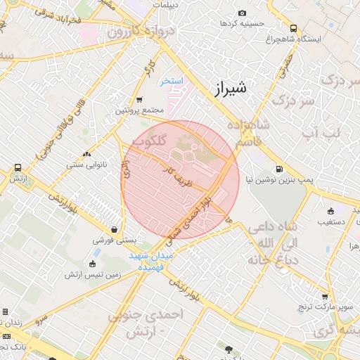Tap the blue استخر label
(x=171, y=81)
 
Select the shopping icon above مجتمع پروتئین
(x=139, y=99)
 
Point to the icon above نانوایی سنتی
(x=86, y=153)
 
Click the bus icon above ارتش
(x=18, y=168)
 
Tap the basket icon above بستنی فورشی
(x=114, y=229)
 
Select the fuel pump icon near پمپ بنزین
(x=280, y=169)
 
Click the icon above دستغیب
(x=330, y=211)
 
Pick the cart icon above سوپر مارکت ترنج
(x=324, y=297)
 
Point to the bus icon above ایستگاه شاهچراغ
(x=293, y=29)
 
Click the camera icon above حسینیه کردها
(x=243, y=13)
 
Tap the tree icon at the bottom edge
(x=227, y=349)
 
